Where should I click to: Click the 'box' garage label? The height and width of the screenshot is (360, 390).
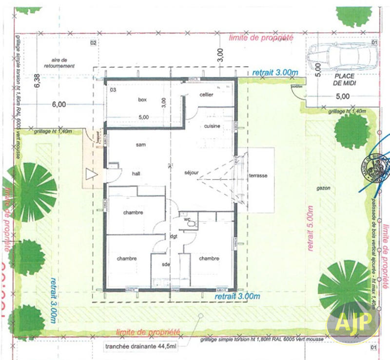coord(142,100)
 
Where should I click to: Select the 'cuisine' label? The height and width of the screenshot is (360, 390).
coord(212,126)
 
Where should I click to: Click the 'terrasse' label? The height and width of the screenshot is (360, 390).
coord(256,175)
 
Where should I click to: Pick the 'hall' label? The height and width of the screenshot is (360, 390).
coord(136,173)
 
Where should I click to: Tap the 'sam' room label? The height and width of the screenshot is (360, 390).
coord(141,145)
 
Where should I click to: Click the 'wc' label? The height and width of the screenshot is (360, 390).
coord(187,219)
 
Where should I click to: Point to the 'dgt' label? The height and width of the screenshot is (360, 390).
coord(174,237)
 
